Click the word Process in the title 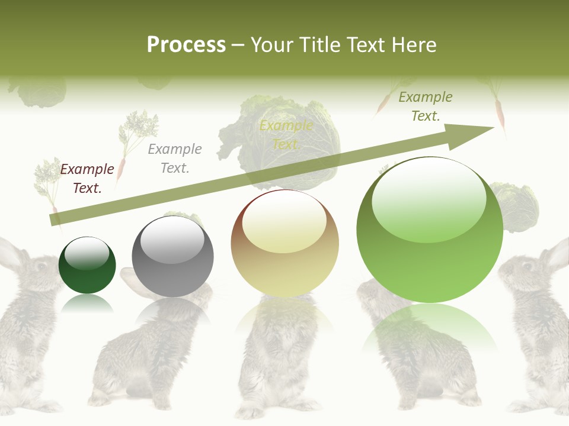point(186,44)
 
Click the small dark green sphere point(87,265)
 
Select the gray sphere point(172,257)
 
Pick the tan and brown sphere point(284,244)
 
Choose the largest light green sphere point(430,230)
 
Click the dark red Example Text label point(87,179)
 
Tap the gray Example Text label point(175,159)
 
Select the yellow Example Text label point(286,135)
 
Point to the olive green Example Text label point(426,106)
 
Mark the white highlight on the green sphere point(429,198)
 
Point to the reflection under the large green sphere point(430,328)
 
